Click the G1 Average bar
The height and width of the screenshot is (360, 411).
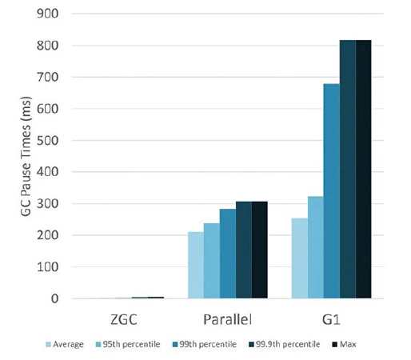coord(299,258)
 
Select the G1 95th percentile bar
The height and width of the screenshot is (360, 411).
coord(315,247)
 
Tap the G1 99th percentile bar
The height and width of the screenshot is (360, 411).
coord(331,191)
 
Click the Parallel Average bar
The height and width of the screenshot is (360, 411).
coord(196,265)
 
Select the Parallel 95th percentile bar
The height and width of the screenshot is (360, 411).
coord(212,261)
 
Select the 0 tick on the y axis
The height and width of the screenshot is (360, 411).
coord(55,298)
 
